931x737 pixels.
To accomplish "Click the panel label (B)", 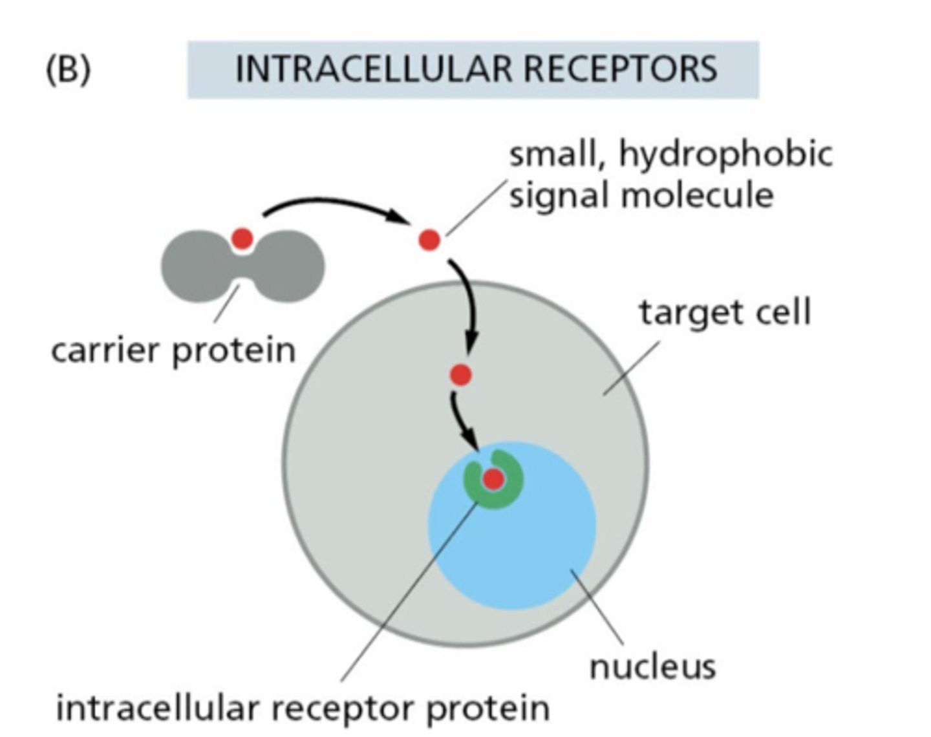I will (68, 70).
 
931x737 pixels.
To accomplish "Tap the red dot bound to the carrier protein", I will (242, 239).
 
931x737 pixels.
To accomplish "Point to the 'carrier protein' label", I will (173, 350).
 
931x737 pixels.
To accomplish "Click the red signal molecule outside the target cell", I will (429, 240).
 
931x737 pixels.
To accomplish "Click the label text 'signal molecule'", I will (641, 195).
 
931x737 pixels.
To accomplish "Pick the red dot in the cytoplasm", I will (461, 375).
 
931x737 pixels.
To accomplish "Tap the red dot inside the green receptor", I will (494, 479).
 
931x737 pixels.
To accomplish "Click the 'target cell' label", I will (725, 313).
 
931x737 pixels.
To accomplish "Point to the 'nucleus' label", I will (652, 666).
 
